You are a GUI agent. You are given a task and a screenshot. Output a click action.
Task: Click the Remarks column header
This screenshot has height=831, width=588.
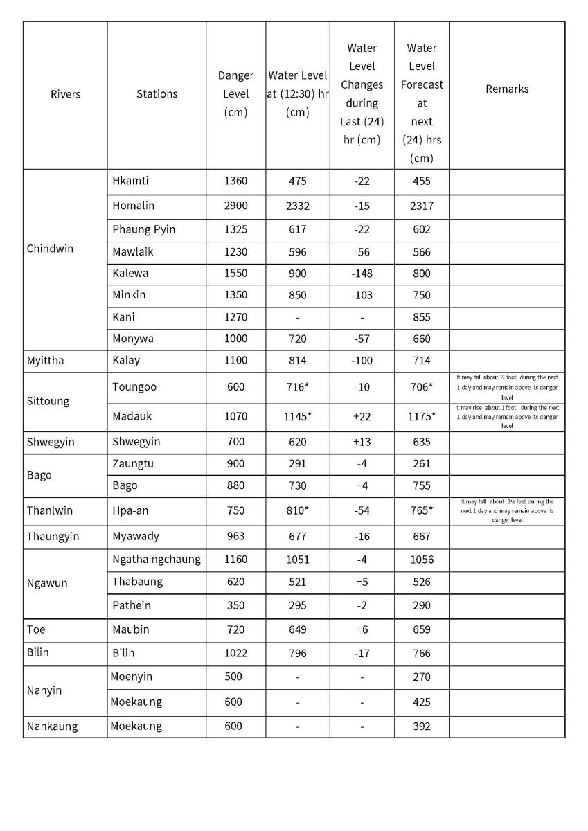click(507, 89)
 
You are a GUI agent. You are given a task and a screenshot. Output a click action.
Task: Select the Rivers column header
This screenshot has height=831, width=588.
click(65, 94)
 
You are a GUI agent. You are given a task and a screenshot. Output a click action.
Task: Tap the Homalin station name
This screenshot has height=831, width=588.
click(134, 206)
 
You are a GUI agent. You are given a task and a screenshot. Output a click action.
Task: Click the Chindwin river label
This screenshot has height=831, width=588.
click(50, 249)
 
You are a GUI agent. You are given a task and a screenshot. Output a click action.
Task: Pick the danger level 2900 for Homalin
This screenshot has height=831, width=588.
click(235, 206)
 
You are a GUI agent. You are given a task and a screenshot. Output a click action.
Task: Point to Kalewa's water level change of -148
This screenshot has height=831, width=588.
click(362, 273)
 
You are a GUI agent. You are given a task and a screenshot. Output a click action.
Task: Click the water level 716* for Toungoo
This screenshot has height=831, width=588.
click(297, 387)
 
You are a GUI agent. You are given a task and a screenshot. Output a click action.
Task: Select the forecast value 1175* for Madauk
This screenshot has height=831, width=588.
click(421, 416)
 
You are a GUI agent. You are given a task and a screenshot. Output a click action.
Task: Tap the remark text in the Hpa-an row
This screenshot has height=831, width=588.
click(507, 510)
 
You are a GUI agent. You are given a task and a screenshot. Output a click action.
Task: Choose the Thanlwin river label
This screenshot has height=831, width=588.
click(50, 510)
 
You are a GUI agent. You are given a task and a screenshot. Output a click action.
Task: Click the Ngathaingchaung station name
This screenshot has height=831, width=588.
click(157, 559)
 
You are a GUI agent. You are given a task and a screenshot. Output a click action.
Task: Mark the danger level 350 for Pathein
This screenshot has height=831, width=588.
click(235, 605)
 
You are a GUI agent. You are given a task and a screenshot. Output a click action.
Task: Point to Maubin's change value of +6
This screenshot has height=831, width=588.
click(362, 629)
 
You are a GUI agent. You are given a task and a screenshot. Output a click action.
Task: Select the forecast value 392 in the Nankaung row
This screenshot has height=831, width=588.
click(421, 726)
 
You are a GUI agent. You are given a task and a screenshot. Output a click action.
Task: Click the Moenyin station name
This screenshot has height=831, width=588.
click(132, 677)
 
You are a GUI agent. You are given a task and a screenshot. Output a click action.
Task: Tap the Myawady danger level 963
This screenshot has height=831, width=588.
click(235, 536)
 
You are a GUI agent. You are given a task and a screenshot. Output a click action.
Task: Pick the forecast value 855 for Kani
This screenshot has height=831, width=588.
click(421, 317)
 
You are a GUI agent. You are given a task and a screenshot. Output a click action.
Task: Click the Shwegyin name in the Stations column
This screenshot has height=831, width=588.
click(136, 442)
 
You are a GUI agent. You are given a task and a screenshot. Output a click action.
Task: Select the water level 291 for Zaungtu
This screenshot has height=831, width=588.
click(297, 463)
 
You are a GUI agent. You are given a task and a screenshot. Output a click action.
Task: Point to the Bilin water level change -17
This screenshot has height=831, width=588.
click(362, 653)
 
